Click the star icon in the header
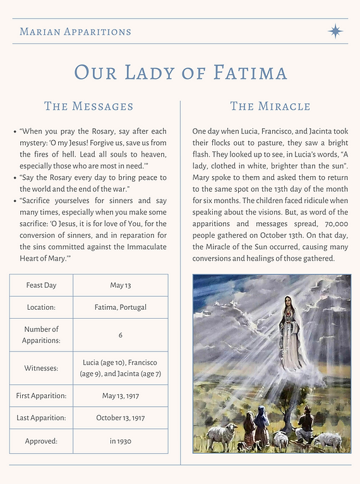pos(335,31)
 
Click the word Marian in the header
pos(42,32)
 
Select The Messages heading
pos(88,106)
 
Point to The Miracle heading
pos(270,106)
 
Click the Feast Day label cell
pos(41,285)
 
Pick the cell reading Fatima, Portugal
pos(120,307)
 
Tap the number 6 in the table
pos(120,335)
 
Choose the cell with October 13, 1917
pos(120,418)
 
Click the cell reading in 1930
pos(120,441)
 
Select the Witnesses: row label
pos(41,368)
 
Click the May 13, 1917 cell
pos(120,396)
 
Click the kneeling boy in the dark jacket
pos(306,424)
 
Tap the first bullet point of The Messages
pos(15,132)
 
